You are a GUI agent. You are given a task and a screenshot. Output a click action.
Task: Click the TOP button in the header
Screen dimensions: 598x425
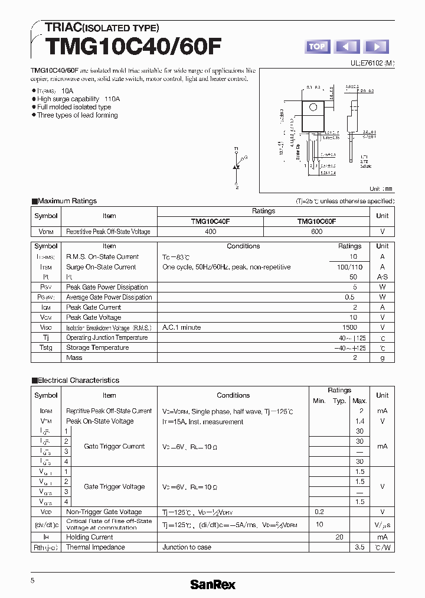point(317,47)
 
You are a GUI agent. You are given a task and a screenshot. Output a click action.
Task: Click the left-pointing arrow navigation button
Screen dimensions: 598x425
point(347,47)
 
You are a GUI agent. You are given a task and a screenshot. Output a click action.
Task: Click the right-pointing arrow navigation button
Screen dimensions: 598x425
point(377,47)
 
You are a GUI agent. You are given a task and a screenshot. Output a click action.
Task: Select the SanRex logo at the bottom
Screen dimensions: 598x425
point(212,584)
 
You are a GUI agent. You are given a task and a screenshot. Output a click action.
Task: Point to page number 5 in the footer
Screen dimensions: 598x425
point(33,581)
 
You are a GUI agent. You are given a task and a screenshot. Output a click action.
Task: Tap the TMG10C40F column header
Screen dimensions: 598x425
point(210,222)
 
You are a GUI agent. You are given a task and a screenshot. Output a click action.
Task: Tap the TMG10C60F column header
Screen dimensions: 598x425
point(316,222)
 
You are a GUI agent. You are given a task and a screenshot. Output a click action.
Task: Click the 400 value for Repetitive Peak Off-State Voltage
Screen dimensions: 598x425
point(210,232)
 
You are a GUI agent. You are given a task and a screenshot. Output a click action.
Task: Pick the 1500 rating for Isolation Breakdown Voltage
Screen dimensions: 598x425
point(349,327)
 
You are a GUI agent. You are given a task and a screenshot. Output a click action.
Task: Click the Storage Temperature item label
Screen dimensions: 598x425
point(97,347)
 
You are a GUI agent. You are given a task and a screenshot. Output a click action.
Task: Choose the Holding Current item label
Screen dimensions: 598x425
point(90,537)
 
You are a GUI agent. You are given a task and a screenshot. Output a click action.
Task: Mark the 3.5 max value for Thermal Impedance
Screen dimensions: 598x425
point(359,547)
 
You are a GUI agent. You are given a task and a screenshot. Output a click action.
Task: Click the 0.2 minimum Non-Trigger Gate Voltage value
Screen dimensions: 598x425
point(319,512)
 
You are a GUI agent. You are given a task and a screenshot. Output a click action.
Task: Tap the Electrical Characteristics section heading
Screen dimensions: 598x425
point(78,381)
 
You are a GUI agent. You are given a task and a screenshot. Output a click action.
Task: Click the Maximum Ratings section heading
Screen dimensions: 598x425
point(67,201)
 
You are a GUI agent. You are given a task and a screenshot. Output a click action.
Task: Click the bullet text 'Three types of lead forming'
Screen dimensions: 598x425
point(77,115)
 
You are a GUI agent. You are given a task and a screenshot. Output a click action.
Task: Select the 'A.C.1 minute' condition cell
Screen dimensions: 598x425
point(182,327)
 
